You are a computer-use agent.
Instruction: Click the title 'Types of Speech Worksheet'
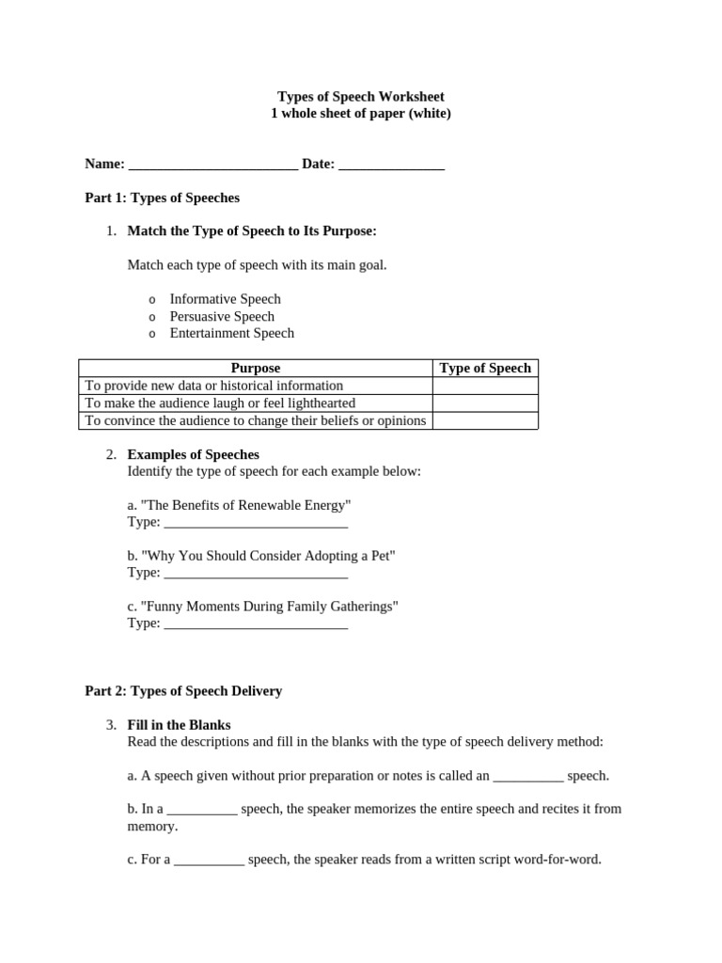(361, 97)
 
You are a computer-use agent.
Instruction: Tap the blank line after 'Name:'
(213, 166)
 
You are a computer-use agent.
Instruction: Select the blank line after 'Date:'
(391, 166)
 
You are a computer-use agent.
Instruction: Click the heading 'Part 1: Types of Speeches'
(162, 198)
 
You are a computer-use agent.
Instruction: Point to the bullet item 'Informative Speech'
(225, 299)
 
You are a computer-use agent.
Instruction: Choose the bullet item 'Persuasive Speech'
(222, 317)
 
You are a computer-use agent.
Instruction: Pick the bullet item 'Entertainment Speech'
(231, 333)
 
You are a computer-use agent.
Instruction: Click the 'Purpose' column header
(255, 369)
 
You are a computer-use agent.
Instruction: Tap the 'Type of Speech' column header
(485, 369)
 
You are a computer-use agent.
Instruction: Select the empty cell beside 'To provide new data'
(485, 386)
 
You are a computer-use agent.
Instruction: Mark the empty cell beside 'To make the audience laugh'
(485, 403)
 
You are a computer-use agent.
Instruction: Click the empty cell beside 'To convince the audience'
(485, 420)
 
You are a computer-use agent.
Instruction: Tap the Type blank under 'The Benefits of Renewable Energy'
(256, 523)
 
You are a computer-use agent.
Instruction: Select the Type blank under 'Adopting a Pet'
(256, 574)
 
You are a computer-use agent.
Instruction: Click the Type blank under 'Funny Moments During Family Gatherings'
(256, 624)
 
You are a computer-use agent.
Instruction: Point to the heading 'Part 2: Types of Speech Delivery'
(183, 691)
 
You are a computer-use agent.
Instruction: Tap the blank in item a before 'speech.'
(527, 777)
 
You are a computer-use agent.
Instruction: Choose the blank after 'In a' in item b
(202, 810)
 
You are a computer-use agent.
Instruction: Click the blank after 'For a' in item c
(209, 860)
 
